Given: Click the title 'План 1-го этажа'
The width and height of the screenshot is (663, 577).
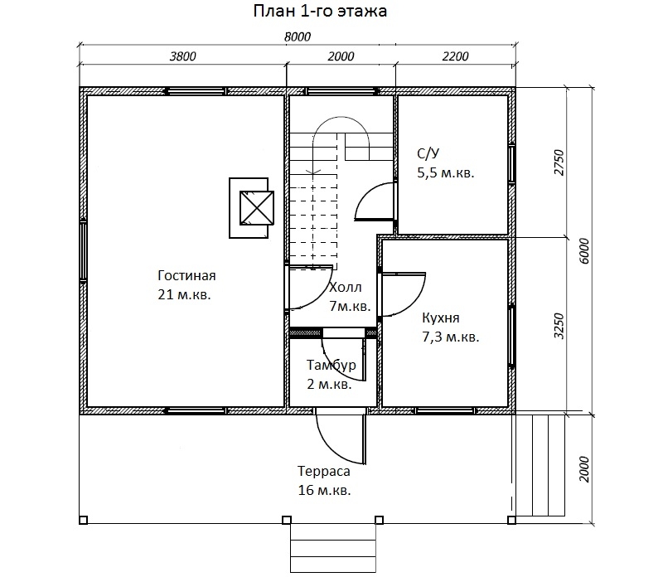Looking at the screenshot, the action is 320,11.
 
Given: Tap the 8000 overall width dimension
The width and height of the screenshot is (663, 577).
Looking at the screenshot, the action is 298,36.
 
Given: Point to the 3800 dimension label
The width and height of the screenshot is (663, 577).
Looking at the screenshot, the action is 182,56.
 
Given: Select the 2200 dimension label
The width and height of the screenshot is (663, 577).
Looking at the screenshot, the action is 455,56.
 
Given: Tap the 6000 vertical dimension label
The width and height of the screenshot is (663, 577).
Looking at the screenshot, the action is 584,251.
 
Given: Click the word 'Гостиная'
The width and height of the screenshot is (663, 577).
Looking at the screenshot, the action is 187,275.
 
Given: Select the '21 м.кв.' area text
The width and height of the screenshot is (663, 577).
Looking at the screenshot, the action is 184,294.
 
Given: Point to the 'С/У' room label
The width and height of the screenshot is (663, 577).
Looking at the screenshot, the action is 428,153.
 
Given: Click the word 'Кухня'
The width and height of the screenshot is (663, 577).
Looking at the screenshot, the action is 441,318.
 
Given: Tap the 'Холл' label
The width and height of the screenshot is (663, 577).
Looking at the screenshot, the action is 346,287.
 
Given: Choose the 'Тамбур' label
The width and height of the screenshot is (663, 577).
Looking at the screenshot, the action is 331,365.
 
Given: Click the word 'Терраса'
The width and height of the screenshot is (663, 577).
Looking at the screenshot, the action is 324,471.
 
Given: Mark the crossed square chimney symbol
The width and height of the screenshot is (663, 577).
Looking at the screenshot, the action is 257,208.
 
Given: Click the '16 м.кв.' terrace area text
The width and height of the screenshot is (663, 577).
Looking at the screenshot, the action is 325,490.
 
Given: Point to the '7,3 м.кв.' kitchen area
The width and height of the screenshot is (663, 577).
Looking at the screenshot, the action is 451,337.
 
